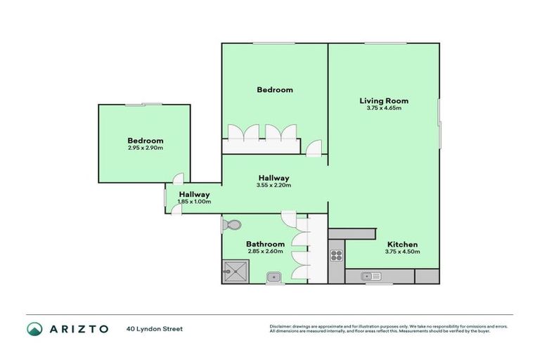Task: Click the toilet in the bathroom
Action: coord(232,225)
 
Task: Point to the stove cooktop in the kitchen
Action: coord(336,256)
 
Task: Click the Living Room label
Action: coord(383,101)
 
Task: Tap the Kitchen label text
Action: coord(401,243)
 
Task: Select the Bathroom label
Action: coord(265,243)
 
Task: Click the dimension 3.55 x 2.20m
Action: coord(274,186)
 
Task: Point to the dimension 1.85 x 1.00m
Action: coord(194,202)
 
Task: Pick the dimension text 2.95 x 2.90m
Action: coord(145,148)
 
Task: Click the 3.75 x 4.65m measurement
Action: coord(383,108)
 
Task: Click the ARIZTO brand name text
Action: coord(78,328)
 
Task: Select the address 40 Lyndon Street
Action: coord(155,328)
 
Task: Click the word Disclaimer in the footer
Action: coord(281,326)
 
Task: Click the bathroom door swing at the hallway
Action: coord(289,218)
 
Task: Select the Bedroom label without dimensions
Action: coord(274,90)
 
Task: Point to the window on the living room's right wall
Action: coord(439,123)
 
